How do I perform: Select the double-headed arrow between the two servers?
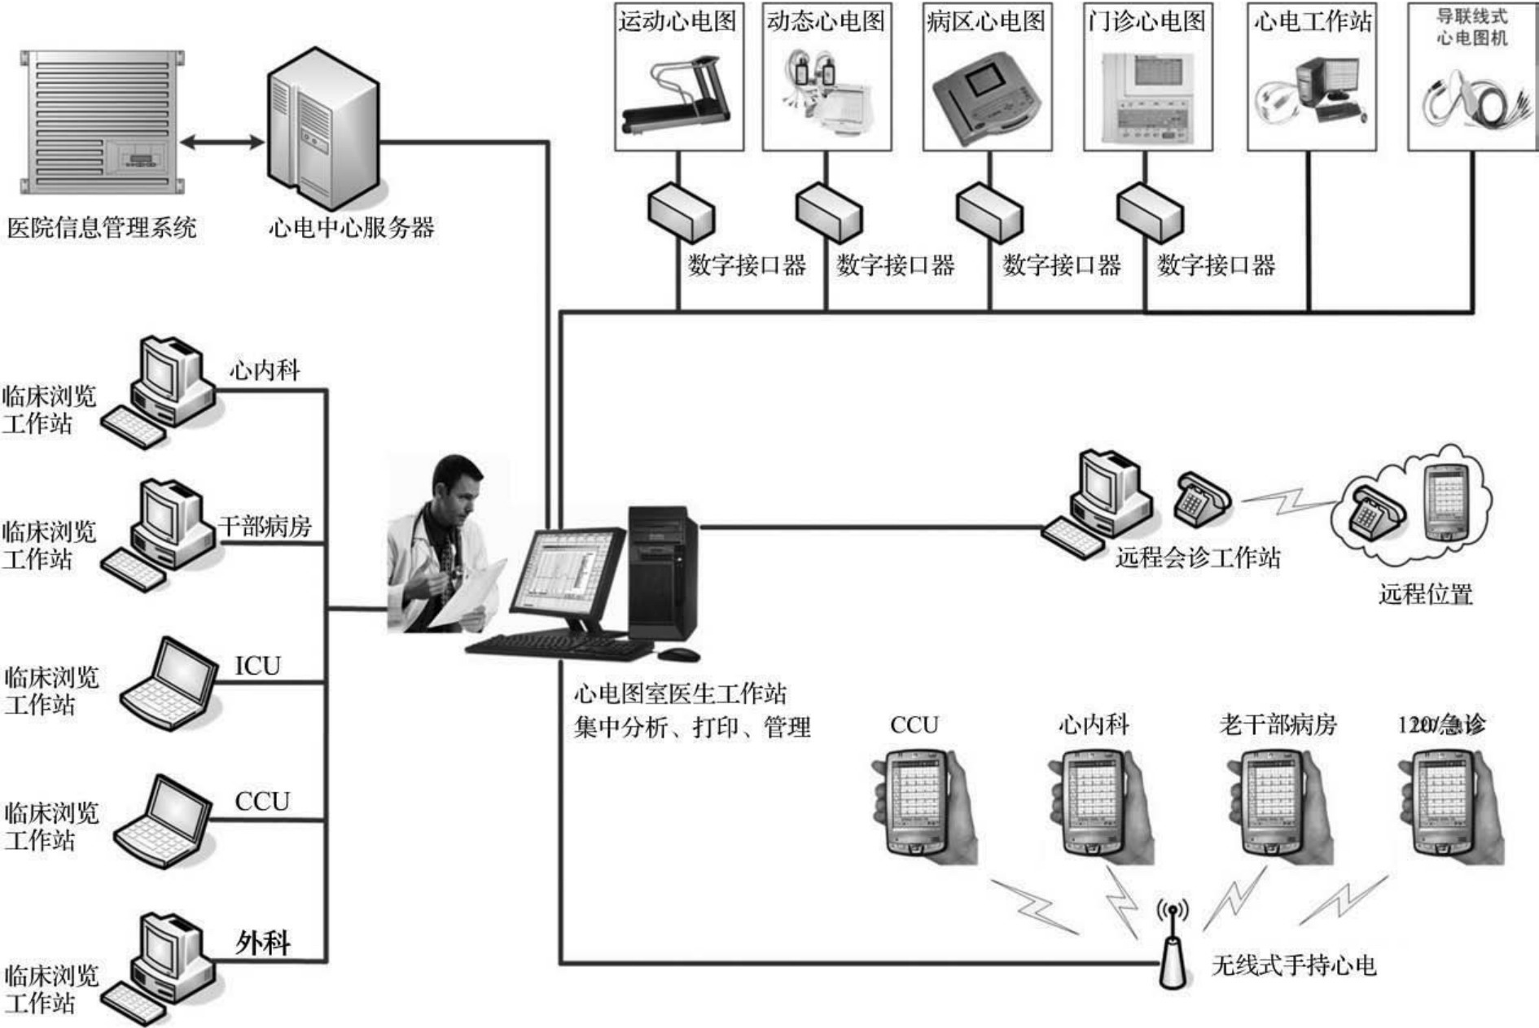tap(221, 142)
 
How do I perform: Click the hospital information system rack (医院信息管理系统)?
tap(102, 122)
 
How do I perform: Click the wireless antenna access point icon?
tap(1172, 952)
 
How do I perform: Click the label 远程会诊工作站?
tap(1197, 558)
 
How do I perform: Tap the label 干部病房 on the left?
tap(265, 527)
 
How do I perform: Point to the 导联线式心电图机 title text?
tap(1471, 26)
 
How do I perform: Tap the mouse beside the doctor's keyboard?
tap(678, 654)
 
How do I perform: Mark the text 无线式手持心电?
tap(1294, 965)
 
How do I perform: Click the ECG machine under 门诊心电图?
tap(1147, 96)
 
